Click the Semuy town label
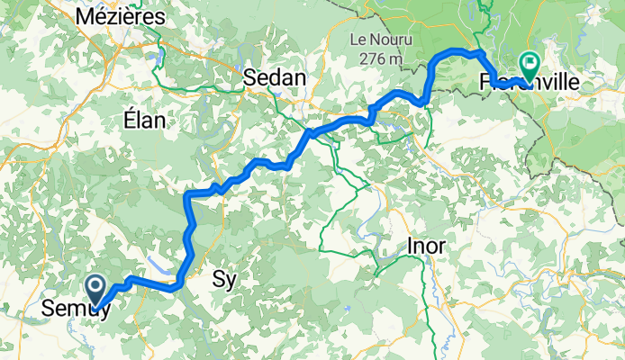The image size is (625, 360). pos(77,309)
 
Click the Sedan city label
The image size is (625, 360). pos(276,79)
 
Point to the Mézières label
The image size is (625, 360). pos(121,16)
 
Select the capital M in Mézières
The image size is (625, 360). pos(87,16)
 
